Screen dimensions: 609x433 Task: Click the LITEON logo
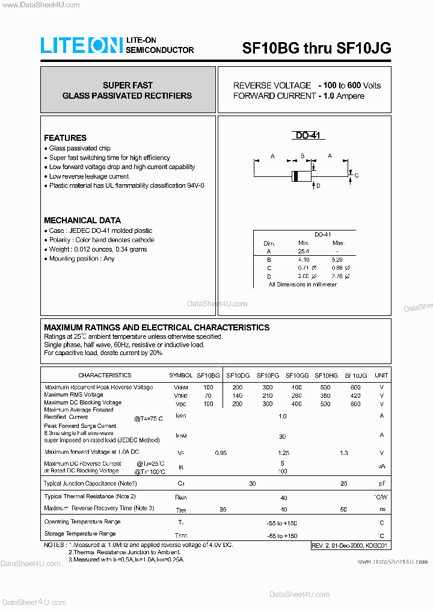click(81, 45)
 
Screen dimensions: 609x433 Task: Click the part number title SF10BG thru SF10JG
click(316, 49)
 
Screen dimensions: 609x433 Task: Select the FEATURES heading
click(65, 138)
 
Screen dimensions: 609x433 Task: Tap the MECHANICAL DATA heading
click(82, 220)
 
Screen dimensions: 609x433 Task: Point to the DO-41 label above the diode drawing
click(310, 136)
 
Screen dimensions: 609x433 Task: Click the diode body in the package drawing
click(302, 176)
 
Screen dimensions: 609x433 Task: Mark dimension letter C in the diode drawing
click(356, 176)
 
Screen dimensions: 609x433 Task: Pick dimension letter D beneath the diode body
click(318, 186)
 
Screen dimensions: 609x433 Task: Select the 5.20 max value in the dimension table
click(337, 259)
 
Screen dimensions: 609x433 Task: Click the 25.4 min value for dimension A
click(303, 251)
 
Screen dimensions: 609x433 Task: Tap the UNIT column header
click(381, 375)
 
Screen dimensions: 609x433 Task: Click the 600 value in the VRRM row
click(355, 388)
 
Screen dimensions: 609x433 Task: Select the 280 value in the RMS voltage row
click(296, 395)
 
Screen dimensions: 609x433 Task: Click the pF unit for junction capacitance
click(381, 483)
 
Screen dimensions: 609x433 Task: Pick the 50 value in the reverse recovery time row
click(343, 509)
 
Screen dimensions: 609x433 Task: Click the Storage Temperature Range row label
click(80, 534)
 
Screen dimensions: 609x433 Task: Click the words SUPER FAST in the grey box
click(127, 85)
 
